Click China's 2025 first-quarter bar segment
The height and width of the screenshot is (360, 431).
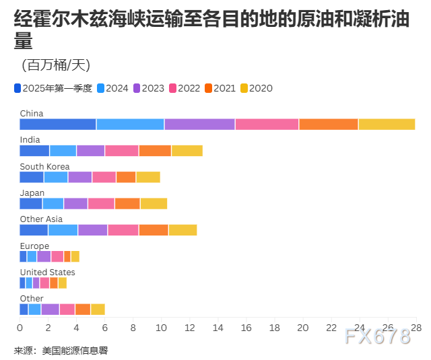click(58, 124)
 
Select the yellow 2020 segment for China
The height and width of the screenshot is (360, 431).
click(387, 124)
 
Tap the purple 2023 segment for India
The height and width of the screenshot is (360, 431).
click(90, 151)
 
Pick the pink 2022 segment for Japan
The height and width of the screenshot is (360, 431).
click(101, 203)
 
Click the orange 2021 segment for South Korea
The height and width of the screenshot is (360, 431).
click(126, 177)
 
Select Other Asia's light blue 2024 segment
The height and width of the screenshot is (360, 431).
click(63, 230)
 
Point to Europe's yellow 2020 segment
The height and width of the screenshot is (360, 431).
click(75, 256)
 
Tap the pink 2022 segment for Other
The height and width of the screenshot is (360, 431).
click(67, 309)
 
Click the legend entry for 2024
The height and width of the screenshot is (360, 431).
click(112, 88)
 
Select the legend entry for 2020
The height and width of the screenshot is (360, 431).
click(256, 88)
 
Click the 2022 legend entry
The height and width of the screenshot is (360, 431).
click(184, 88)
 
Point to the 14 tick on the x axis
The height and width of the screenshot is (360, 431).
click(218, 328)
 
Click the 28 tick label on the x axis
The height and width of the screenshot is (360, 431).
click(416, 328)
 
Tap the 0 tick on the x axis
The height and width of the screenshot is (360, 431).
click(20, 328)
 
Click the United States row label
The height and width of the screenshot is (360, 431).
click(47, 273)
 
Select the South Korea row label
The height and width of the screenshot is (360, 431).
click(44, 167)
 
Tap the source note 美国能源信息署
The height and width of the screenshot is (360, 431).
click(75, 351)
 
